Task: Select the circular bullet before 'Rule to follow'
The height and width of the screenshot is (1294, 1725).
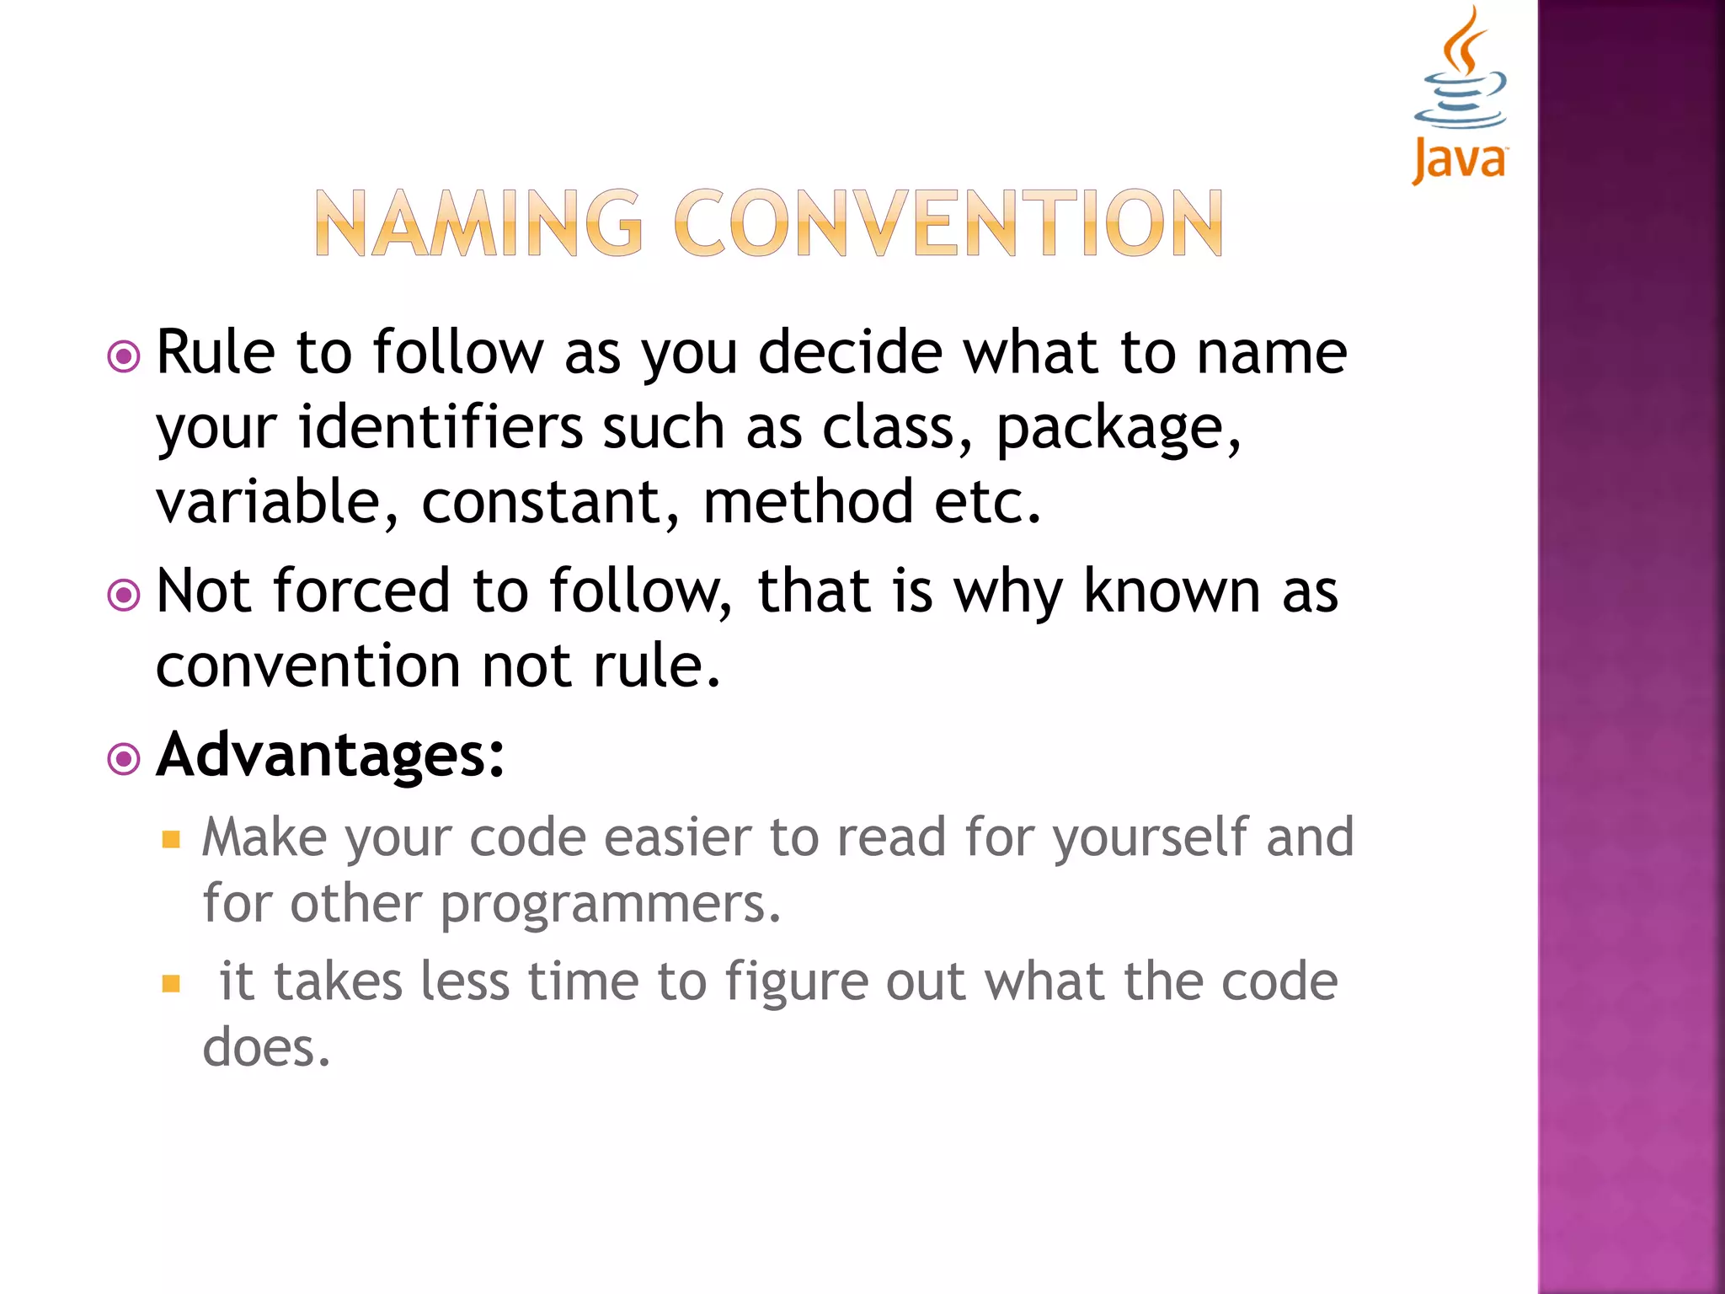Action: pyautogui.click(x=124, y=356)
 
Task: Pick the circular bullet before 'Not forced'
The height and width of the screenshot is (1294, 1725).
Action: pyautogui.click(x=124, y=596)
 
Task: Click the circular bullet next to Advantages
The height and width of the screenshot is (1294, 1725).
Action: pyautogui.click(x=124, y=759)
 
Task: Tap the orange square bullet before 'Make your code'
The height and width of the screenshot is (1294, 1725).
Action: pyautogui.click(x=172, y=839)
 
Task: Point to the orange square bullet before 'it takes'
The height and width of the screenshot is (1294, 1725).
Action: pyautogui.click(x=172, y=984)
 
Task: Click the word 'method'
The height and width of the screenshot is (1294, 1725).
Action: pyautogui.click(x=808, y=502)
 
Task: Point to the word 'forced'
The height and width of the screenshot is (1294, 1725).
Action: pyautogui.click(x=362, y=591)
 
